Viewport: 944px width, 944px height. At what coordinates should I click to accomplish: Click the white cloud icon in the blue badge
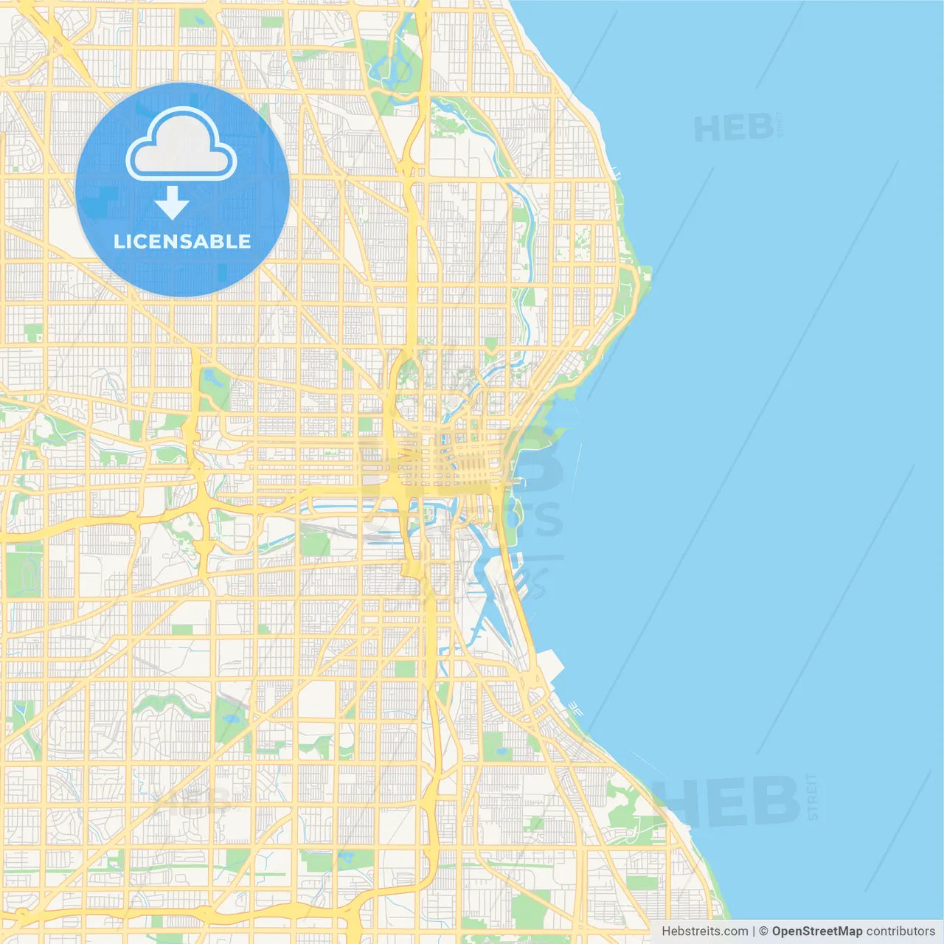click(x=181, y=145)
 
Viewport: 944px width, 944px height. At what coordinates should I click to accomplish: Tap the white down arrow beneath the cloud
click(x=172, y=203)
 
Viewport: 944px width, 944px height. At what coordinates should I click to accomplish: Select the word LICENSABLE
click(x=182, y=241)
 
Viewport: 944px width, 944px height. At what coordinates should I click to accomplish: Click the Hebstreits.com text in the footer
click(x=704, y=931)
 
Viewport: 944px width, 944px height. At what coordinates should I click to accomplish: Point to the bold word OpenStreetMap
click(x=816, y=931)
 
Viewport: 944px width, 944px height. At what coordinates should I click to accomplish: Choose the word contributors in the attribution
click(x=900, y=931)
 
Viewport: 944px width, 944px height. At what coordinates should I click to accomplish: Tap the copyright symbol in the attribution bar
click(x=764, y=931)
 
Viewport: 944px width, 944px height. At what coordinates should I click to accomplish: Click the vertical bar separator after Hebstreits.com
click(x=754, y=931)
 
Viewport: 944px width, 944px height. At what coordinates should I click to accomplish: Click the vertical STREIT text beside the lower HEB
click(x=813, y=796)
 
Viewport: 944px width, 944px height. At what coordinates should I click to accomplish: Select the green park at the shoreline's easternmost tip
click(x=643, y=275)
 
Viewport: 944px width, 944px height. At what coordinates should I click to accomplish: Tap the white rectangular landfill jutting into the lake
click(x=549, y=667)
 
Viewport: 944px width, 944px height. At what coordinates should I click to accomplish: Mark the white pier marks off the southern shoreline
click(x=575, y=709)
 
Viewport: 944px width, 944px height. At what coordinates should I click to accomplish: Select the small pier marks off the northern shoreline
click(x=617, y=176)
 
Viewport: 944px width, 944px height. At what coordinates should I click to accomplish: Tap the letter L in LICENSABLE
click(x=119, y=241)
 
